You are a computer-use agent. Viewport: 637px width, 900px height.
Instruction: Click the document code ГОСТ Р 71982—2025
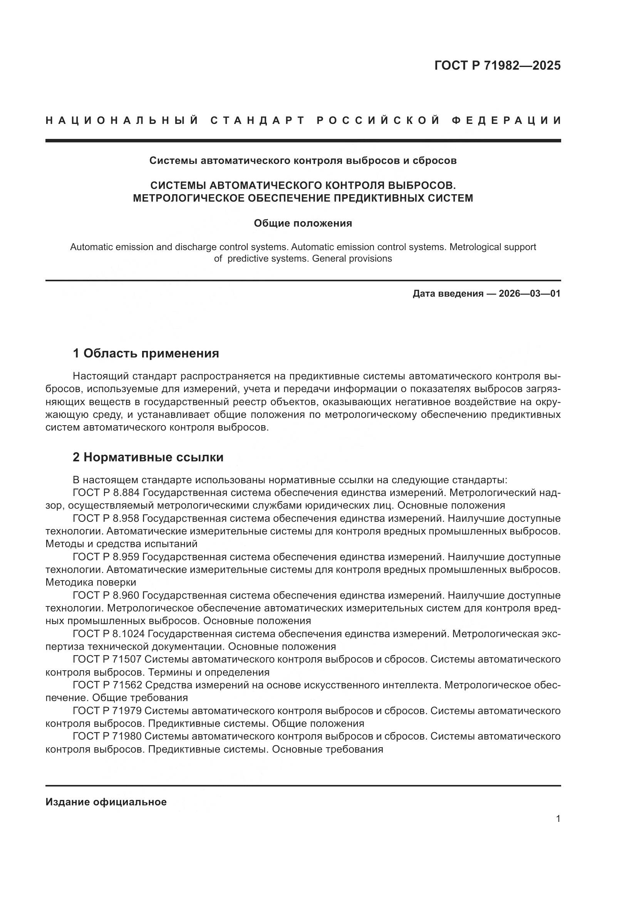click(x=497, y=65)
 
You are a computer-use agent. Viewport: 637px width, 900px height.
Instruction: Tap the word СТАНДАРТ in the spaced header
click(x=257, y=120)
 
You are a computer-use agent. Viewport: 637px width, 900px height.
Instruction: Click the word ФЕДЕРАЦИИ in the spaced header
click(x=506, y=120)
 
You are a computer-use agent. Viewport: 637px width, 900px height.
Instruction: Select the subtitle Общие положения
click(x=303, y=224)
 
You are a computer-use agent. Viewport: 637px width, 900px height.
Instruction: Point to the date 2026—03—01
click(x=530, y=294)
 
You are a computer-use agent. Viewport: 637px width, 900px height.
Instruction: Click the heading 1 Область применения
click(x=146, y=354)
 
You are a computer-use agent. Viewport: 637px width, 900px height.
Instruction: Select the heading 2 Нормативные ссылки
click(x=148, y=458)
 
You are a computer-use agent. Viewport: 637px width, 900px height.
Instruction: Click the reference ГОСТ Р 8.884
click(x=106, y=493)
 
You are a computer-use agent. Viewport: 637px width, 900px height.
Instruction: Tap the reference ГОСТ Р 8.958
click(x=106, y=519)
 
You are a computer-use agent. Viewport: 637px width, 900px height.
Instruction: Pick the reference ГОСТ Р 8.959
click(x=106, y=557)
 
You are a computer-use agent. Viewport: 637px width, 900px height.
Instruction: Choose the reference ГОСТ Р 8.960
click(x=106, y=595)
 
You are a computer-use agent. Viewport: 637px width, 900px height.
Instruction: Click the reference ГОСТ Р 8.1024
click(x=109, y=634)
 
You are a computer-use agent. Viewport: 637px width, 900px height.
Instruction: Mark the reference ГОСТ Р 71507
click(x=107, y=660)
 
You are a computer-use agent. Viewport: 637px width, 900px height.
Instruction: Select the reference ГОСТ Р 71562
click(x=107, y=685)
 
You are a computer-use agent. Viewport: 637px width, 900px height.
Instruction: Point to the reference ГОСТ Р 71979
click(x=107, y=711)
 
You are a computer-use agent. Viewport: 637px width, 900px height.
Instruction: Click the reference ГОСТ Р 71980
click(x=107, y=736)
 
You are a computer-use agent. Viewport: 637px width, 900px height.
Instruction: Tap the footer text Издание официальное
click(x=106, y=802)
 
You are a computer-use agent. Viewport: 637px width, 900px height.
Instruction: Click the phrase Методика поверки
click(x=91, y=583)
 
